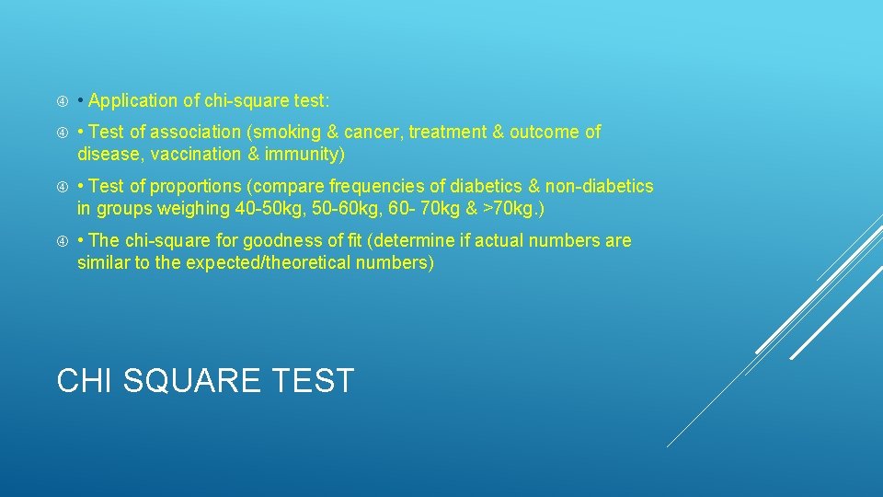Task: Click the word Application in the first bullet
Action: click(x=133, y=100)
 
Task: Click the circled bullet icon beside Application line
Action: click(x=63, y=100)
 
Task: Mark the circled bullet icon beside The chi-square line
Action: click(x=63, y=241)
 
